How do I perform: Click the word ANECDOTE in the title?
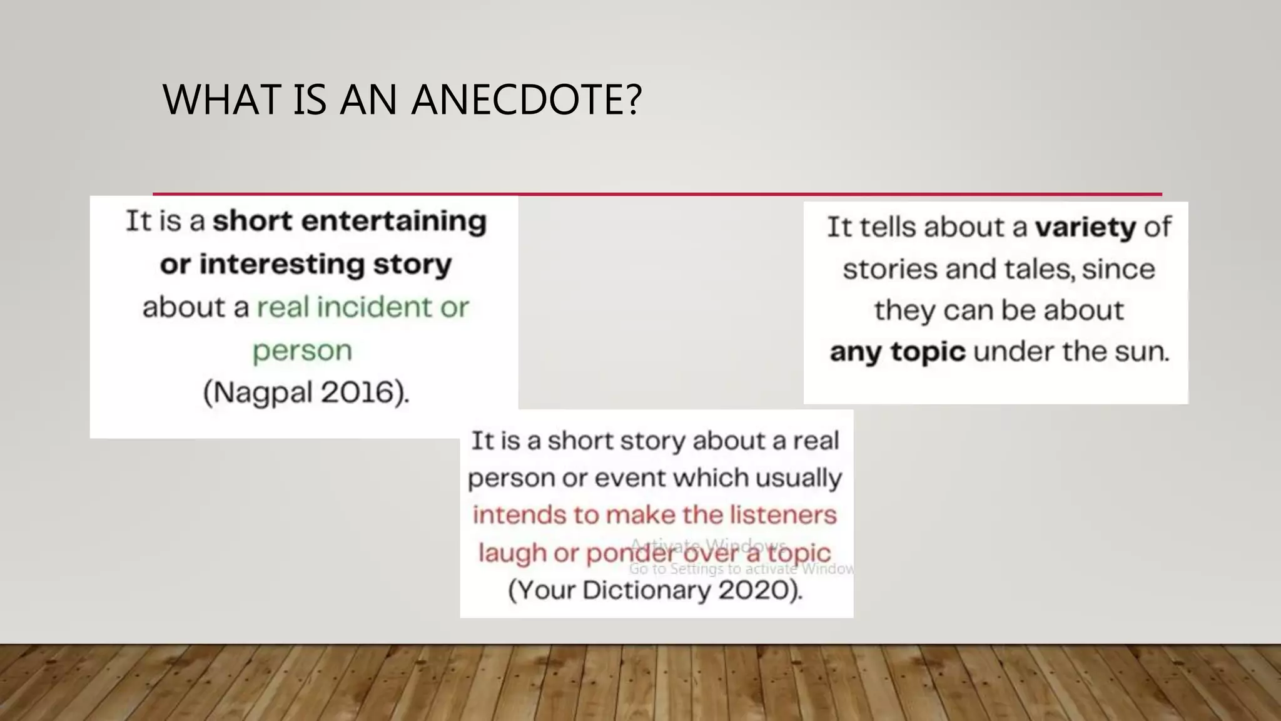point(526,100)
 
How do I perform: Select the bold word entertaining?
point(393,222)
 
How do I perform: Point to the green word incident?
point(374,307)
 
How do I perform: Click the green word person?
point(302,351)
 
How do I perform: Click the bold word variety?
point(1085,227)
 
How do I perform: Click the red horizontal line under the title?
point(657,194)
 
